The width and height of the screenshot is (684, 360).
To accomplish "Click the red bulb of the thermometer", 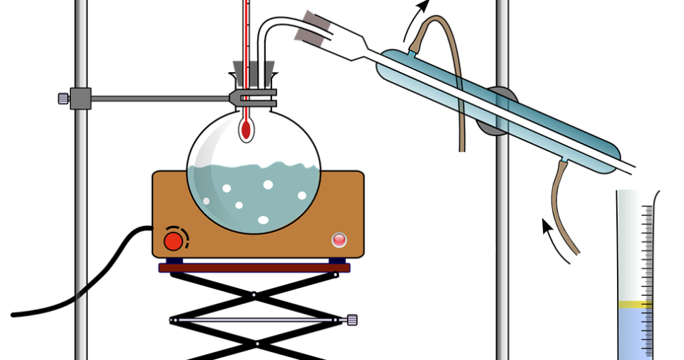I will (246, 130).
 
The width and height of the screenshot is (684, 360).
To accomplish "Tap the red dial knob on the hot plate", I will (173, 240).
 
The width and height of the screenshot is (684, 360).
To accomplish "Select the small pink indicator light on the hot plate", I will (339, 240).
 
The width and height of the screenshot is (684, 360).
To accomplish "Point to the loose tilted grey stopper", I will (312, 27).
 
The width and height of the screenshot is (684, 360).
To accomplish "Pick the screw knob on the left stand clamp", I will (64, 98).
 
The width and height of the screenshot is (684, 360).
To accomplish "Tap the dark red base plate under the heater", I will (254, 268).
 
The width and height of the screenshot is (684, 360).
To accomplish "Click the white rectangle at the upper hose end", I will (460, 158).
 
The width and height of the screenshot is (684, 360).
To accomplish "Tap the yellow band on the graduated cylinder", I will (634, 304).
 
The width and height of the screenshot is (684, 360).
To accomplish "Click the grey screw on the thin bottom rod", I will (351, 320).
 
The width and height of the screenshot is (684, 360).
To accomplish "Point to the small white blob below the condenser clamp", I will (487, 249).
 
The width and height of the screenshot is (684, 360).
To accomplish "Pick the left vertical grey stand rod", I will (81, 216).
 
